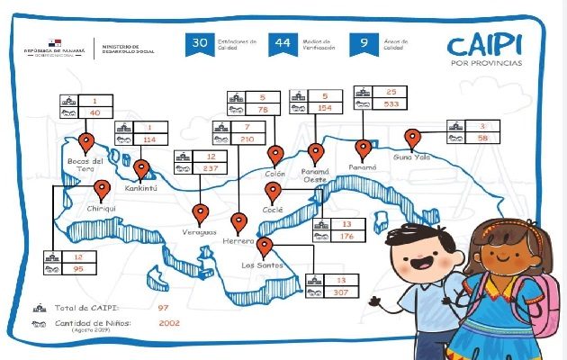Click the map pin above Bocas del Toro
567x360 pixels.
click(87, 141)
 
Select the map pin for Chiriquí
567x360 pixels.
click(102, 189)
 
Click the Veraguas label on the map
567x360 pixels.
click(199, 233)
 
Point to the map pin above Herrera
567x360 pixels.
click(238, 221)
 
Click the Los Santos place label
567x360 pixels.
click(263, 265)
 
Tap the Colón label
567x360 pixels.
click(275, 175)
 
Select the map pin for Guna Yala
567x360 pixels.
click(413, 138)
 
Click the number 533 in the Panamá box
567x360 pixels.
click(391, 103)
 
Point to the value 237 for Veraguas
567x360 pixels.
click(211, 167)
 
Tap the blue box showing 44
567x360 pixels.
click(282, 45)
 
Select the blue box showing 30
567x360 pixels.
click(200, 45)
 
